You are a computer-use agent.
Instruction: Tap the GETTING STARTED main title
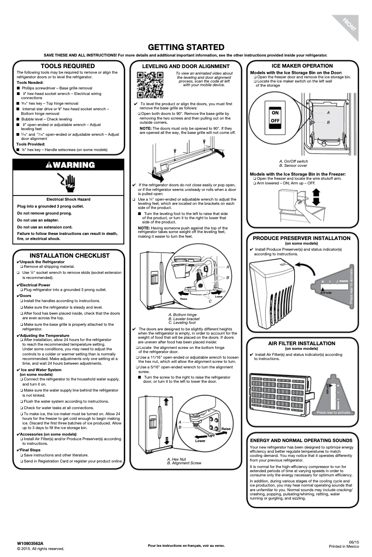tap(186, 47)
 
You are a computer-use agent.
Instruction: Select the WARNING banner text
tap(71, 165)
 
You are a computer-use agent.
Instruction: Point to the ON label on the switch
tap(275, 113)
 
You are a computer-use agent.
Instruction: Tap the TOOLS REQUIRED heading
tap(68, 66)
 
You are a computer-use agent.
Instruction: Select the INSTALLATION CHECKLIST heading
tap(70, 255)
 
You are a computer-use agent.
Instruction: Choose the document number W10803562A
tap(30, 543)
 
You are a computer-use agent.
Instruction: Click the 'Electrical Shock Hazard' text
tap(69, 199)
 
